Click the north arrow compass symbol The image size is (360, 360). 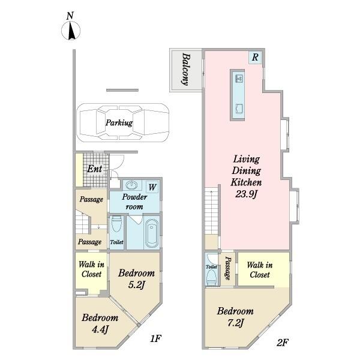pos(71,31)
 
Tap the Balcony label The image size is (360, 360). pos(186,70)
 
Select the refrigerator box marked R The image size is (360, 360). pos(255,58)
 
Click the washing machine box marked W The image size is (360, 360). pos(152,187)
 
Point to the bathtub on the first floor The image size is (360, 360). pos(152,233)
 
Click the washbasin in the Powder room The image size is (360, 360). pos(131,185)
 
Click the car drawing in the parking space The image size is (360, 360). pos(123,122)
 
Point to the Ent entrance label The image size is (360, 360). pos(95,169)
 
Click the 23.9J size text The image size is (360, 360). pos(246,194)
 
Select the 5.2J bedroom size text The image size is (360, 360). pos(136,285)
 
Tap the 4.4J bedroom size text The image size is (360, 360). pos(100,329)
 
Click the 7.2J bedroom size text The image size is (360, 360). pos(235,323)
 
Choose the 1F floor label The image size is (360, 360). pos(156,338)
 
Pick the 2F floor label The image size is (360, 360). pos(283,343)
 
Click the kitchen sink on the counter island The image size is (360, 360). pos(239,79)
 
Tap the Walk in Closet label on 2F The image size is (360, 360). pos(260,270)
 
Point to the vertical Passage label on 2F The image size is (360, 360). pos(227,268)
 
